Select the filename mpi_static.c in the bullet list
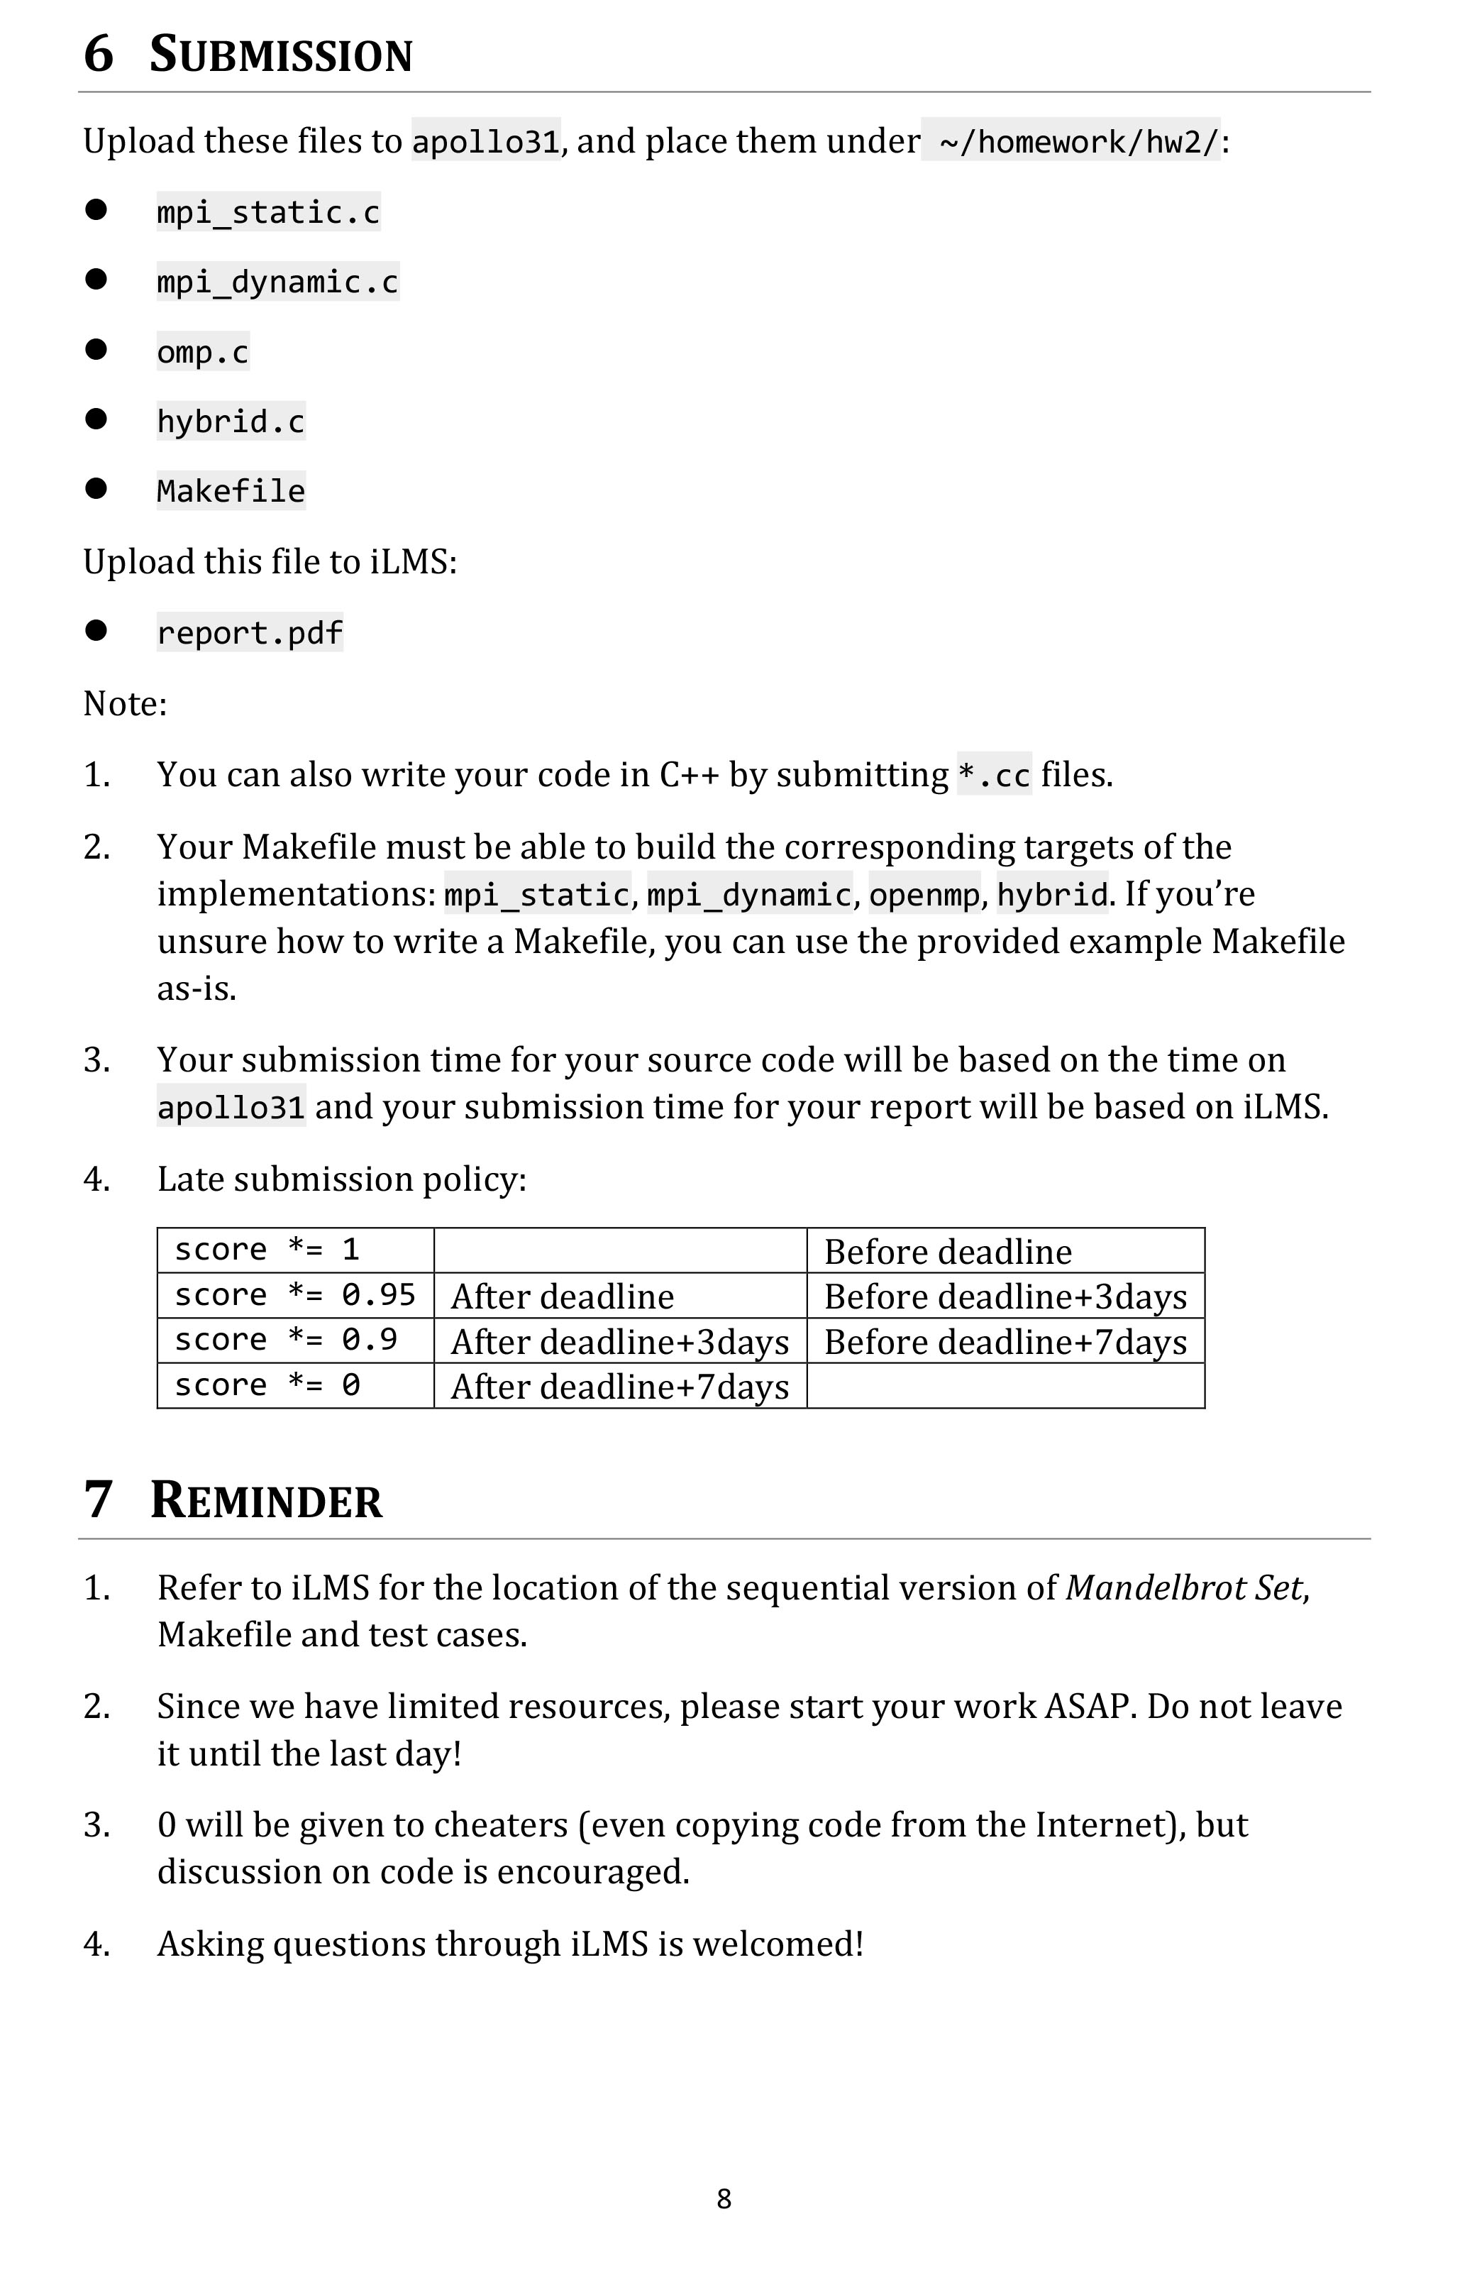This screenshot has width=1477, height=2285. tap(269, 212)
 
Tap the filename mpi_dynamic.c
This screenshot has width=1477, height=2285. tap(277, 282)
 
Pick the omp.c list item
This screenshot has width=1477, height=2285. tap(202, 352)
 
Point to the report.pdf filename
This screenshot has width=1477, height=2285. tap(250, 633)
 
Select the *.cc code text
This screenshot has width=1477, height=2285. tap(994, 775)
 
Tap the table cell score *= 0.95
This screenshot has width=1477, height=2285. tap(294, 1296)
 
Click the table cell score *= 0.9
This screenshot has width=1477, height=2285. tap(286, 1340)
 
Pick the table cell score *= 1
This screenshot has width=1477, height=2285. tap(267, 1250)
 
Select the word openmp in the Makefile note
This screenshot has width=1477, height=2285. tap(924, 895)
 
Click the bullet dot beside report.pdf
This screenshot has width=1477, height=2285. tap(96, 630)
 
